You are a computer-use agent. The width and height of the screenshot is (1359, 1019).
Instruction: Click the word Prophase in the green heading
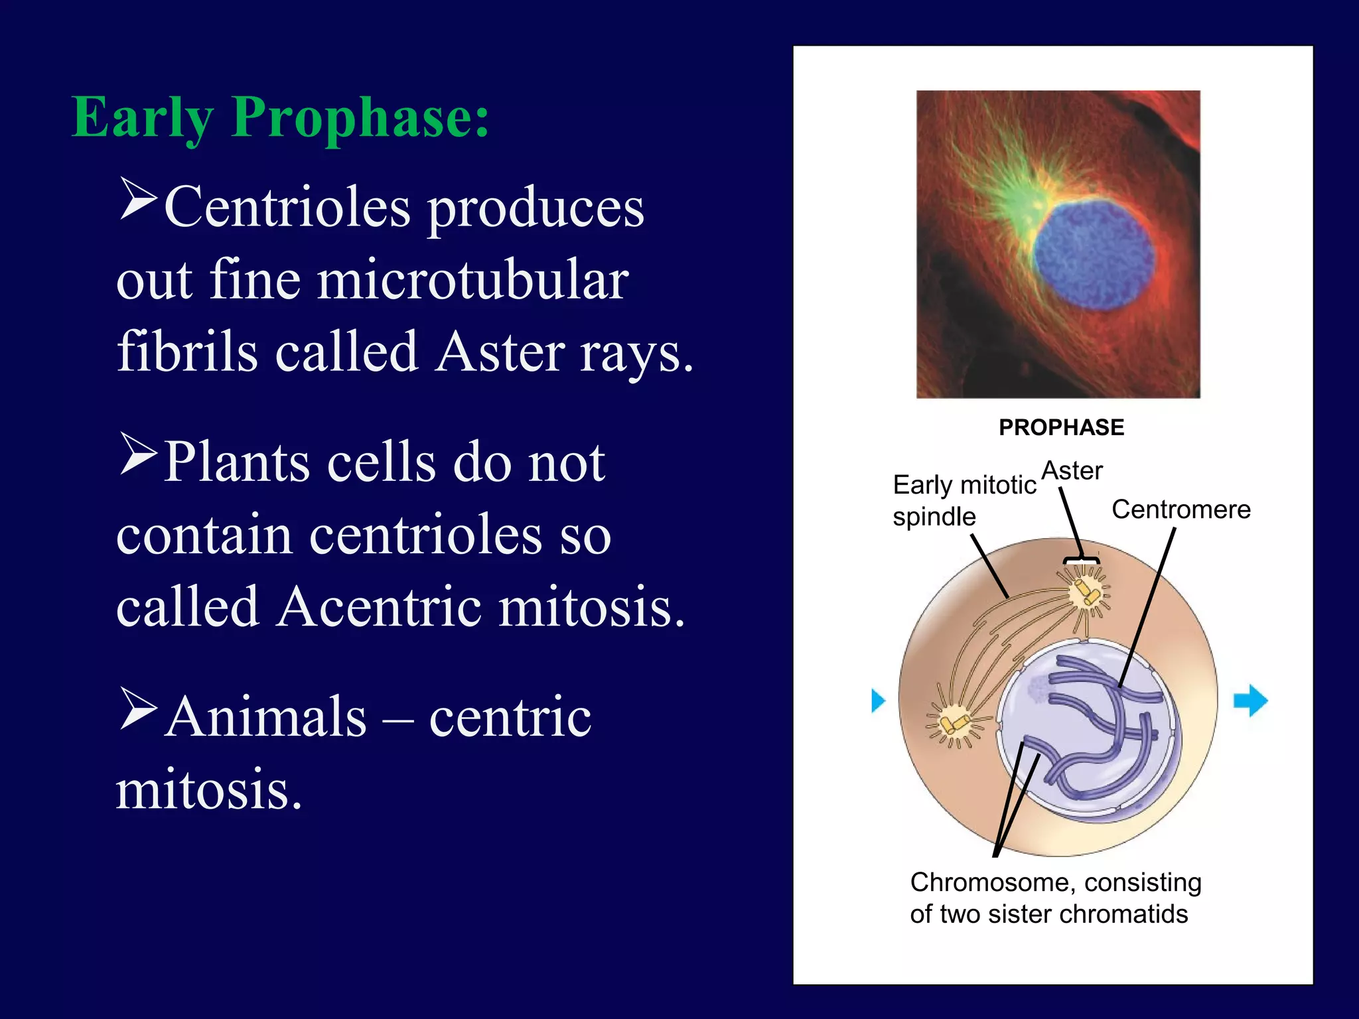tap(360, 118)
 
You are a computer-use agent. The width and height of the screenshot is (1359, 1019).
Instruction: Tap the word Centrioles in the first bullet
tap(287, 208)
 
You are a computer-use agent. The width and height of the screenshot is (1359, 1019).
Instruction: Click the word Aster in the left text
tap(501, 352)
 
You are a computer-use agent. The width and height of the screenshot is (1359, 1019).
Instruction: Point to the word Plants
tap(237, 462)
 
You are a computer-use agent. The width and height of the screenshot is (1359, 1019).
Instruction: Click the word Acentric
tap(380, 606)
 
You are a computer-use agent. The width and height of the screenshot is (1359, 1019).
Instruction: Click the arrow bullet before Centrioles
tap(138, 198)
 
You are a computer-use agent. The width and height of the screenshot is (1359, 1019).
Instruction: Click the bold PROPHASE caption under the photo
tap(1061, 427)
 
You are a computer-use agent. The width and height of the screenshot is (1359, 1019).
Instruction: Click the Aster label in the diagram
tap(1072, 471)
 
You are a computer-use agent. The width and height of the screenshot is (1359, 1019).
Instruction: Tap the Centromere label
tap(1180, 509)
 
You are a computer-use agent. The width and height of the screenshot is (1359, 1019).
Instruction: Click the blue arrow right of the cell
tap(1250, 700)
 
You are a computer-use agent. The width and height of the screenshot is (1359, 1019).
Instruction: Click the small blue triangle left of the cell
tap(878, 700)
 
